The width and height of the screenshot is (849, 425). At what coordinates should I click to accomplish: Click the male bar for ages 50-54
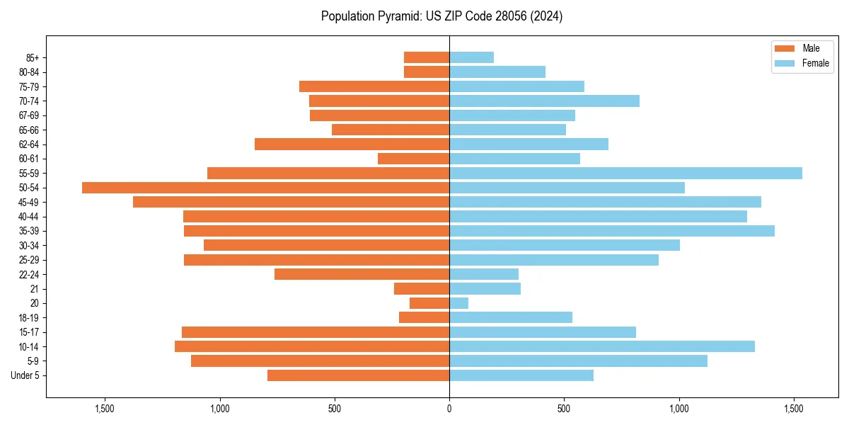(265, 188)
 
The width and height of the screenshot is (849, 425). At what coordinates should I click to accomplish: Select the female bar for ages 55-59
(625, 173)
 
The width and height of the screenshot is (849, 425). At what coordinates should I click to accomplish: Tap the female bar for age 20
(458, 303)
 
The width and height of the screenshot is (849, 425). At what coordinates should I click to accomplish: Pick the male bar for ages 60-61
(413, 159)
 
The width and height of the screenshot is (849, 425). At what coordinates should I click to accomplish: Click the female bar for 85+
(471, 57)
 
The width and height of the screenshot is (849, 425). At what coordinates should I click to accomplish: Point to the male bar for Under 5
(358, 375)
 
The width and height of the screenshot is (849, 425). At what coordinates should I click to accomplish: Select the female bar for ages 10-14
(601, 346)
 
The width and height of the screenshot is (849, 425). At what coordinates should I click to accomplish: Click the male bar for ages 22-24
(362, 274)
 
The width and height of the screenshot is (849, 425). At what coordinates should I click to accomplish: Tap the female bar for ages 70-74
(544, 101)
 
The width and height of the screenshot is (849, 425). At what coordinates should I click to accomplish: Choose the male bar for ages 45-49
(291, 202)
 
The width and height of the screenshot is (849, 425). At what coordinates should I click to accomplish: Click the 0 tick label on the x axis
(449, 409)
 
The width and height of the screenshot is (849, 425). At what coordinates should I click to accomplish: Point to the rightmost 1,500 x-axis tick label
(794, 409)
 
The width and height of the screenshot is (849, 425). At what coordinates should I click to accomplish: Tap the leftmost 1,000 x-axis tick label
(219, 409)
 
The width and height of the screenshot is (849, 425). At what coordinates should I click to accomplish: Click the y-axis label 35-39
(29, 231)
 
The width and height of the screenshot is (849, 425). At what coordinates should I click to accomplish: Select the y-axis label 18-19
(29, 318)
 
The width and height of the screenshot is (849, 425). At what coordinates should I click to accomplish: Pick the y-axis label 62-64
(29, 144)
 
